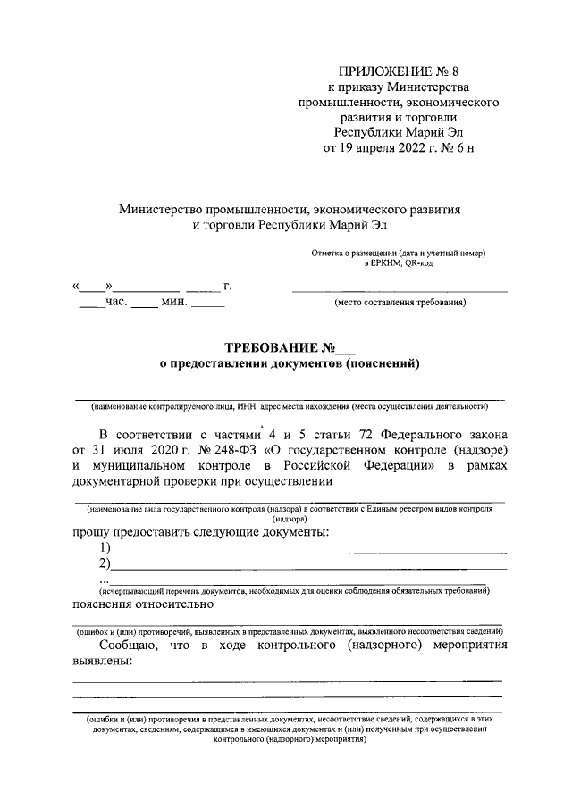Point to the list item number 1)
(x=105, y=548)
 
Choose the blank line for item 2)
(x=308, y=567)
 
